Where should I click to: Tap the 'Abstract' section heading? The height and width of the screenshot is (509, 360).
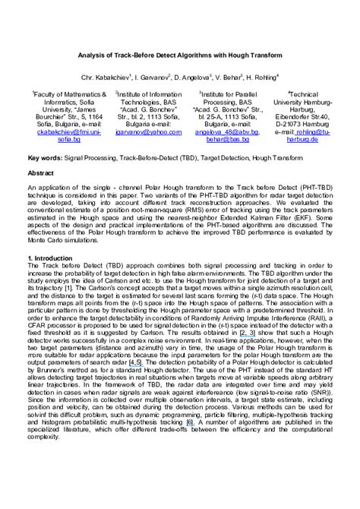(40, 173)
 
